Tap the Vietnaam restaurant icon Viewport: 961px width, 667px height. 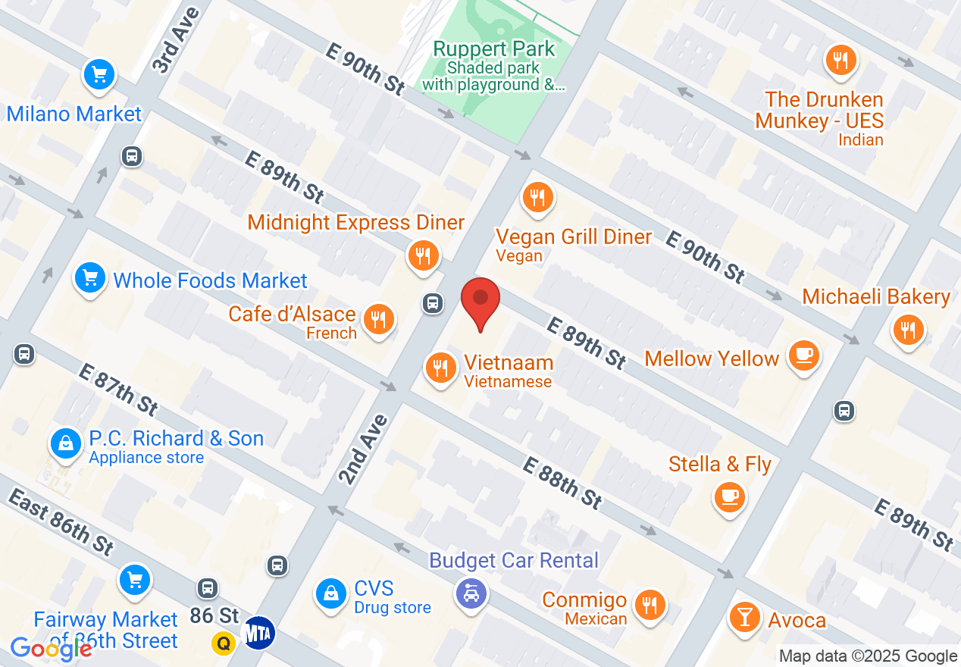coord(440,369)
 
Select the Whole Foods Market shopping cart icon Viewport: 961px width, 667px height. coord(91,278)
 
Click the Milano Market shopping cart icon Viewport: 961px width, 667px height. coord(99,75)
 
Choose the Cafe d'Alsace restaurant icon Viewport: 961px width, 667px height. coord(377,319)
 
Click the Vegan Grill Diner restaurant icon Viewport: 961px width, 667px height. coord(538,198)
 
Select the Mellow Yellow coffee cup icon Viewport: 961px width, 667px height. coord(803,355)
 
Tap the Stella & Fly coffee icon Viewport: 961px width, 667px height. coord(730,496)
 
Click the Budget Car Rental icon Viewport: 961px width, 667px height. coord(471,592)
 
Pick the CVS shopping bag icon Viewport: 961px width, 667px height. coord(331,593)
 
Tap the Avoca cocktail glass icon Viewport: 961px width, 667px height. coord(744,617)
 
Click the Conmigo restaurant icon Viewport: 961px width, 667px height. coord(650,605)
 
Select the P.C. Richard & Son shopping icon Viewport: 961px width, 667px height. coord(67,443)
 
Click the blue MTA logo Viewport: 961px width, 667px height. coord(258,632)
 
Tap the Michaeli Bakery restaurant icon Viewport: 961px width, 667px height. coord(908,330)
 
